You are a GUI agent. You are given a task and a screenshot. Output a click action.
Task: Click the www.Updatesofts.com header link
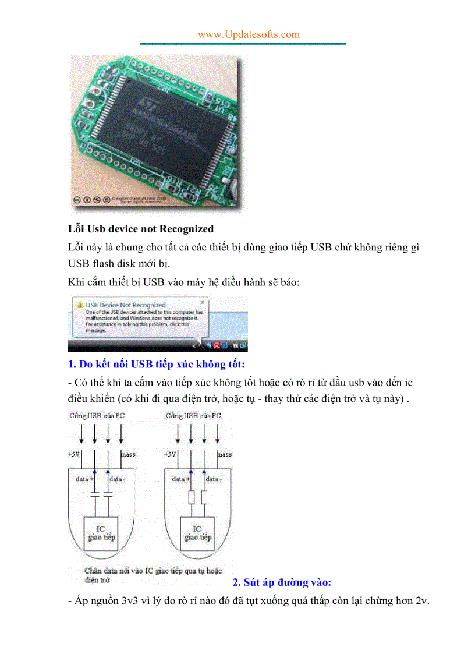coord(249,34)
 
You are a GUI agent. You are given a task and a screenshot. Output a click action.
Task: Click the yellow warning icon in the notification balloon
coord(79,305)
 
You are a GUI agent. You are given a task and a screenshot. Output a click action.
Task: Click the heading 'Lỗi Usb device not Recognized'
coord(141,229)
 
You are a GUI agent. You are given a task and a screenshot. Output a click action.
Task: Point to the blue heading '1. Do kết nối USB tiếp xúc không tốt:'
coord(157,365)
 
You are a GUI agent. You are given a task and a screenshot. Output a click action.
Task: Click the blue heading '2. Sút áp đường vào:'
coord(282,582)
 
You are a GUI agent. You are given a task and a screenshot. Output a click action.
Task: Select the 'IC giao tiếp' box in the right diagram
coord(197,533)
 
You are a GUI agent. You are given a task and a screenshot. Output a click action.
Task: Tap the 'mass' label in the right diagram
coord(224,454)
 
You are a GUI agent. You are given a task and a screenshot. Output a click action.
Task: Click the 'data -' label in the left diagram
coord(116,479)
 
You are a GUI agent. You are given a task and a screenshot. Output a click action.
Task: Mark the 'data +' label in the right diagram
coord(179,479)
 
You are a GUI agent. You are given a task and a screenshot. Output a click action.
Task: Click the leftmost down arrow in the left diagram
coord(81,434)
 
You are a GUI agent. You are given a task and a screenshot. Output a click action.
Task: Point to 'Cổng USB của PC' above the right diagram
coord(193,416)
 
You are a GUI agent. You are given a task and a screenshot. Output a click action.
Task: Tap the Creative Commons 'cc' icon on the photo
coord(76,200)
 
